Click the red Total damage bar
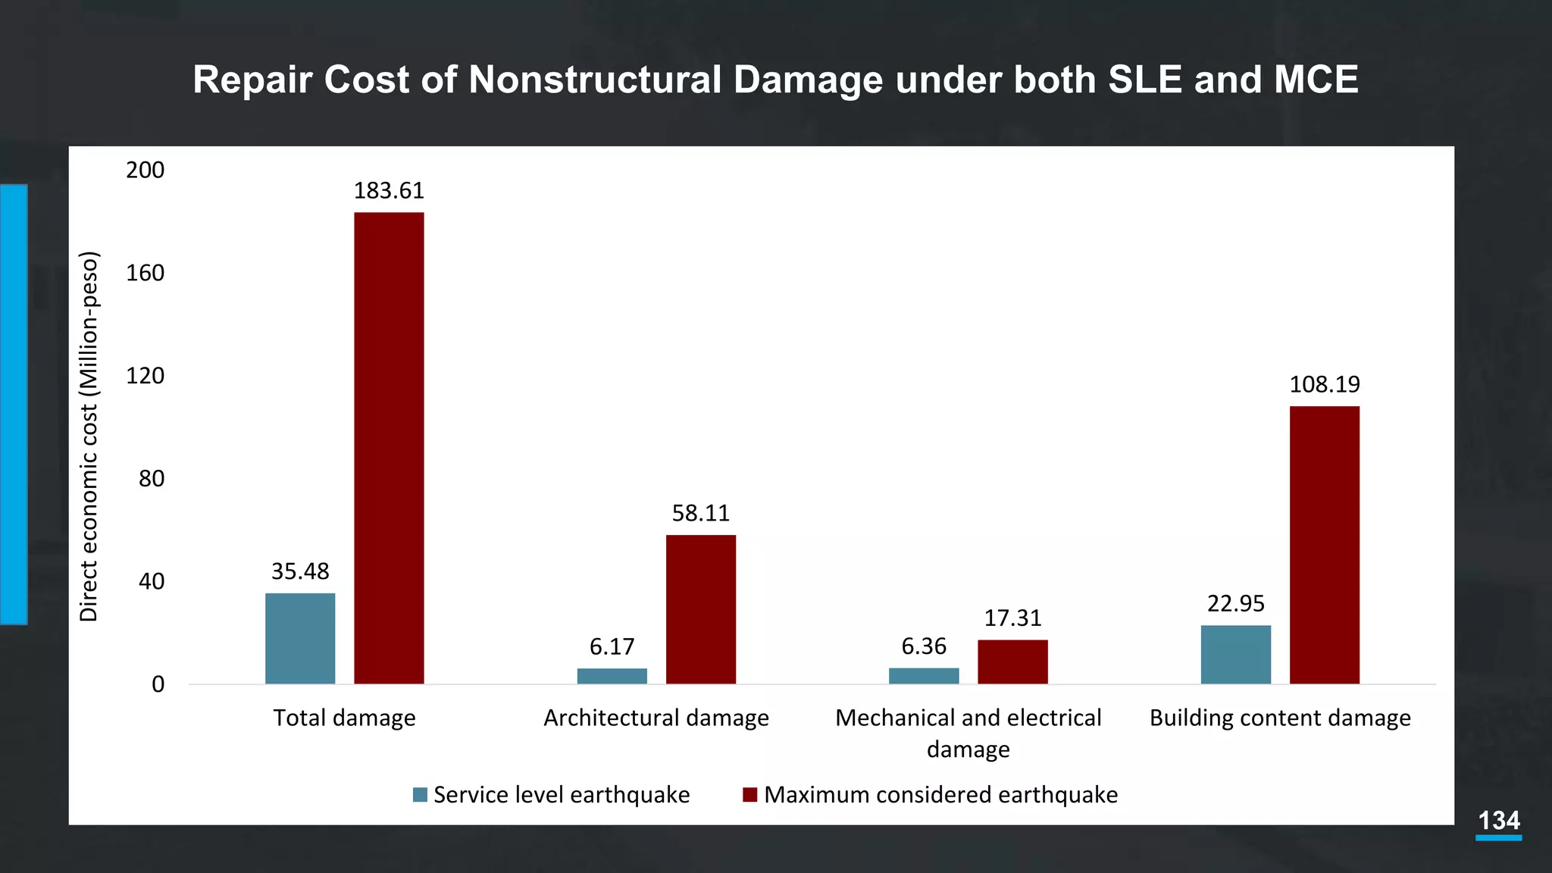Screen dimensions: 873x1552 click(389, 448)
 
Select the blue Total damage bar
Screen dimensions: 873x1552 click(300, 638)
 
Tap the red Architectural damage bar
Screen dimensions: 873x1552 click(701, 609)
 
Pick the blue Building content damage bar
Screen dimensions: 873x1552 click(1235, 654)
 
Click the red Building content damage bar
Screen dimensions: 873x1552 click(1324, 545)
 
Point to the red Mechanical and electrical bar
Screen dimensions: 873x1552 click(1012, 662)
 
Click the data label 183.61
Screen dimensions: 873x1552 click(389, 190)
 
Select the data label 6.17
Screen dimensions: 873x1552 click(612, 646)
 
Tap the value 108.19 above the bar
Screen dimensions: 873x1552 click(1324, 384)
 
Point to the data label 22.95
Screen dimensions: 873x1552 click(1235, 603)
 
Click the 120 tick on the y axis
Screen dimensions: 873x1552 click(145, 375)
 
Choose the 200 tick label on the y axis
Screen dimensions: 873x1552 click(145, 170)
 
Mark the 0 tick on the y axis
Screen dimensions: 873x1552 click(158, 684)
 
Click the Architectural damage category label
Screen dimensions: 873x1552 click(656, 718)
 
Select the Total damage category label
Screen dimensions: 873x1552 click(344, 718)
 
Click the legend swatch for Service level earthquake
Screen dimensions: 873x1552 click(420, 795)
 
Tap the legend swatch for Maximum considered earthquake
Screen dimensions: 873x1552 click(749, 795)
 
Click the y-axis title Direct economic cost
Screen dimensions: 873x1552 click(89, 436)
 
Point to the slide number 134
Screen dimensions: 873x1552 click(1498, 821)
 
